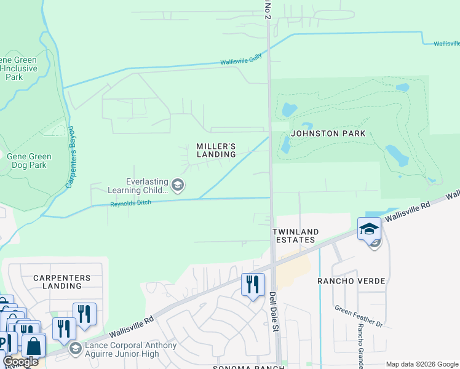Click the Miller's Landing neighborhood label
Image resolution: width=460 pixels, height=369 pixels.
216,150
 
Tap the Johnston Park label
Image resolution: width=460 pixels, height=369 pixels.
328,133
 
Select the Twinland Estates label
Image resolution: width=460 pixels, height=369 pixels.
296,236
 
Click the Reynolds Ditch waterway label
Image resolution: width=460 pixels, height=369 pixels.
130,204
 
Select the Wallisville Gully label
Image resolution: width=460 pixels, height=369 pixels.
242,60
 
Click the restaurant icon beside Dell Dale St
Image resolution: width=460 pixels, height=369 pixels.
252,285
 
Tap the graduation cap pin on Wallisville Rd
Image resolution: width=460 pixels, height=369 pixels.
368,229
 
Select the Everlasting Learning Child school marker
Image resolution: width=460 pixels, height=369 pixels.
178,185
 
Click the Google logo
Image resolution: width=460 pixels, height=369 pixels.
20,362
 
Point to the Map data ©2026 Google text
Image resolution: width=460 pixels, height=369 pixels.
421,364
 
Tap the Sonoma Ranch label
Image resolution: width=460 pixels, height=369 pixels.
249,367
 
